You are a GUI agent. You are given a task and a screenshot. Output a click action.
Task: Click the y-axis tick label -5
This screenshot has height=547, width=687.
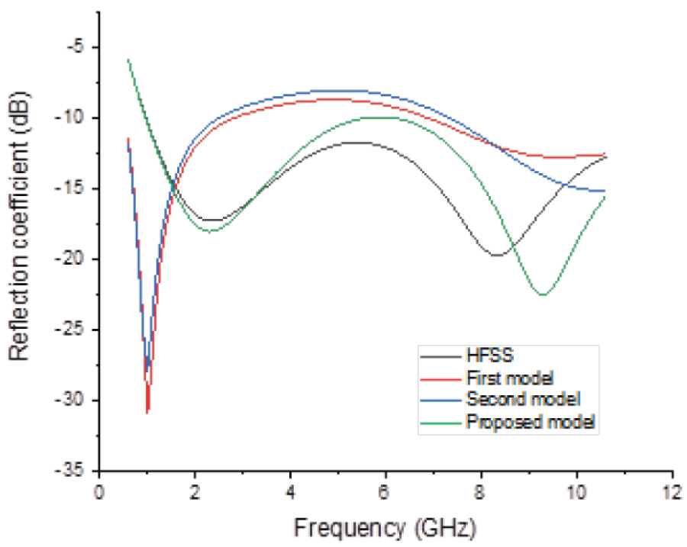79,47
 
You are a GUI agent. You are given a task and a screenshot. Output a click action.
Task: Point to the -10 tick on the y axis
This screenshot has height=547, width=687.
76,118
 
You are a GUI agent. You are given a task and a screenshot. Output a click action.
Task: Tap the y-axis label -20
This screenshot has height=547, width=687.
76,259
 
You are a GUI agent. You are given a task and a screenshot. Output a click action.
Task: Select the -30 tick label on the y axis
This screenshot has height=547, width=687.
76,401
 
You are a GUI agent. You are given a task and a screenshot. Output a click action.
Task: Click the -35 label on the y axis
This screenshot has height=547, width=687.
76,471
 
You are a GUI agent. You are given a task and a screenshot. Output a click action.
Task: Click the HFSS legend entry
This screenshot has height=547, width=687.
482,355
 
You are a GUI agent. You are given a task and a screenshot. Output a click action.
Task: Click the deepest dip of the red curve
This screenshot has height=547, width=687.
147,411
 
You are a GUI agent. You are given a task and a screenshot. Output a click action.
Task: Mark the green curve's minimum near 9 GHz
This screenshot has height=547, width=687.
543,294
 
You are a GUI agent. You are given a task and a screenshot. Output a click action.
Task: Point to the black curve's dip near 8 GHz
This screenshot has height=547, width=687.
498,255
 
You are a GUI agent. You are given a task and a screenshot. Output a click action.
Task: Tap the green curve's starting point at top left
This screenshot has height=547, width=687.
127,59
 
